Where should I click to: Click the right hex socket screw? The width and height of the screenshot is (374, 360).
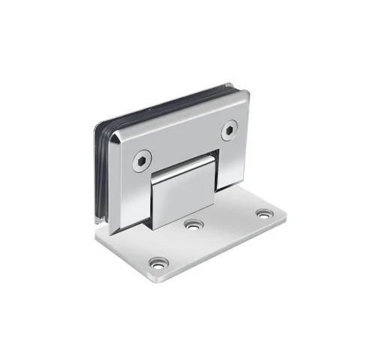(228, 132)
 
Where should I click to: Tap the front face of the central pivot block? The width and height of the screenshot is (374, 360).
(182, 199)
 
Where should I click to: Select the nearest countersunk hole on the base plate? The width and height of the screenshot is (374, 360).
(158, 263)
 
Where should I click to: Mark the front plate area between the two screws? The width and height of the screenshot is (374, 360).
(184, 143)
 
